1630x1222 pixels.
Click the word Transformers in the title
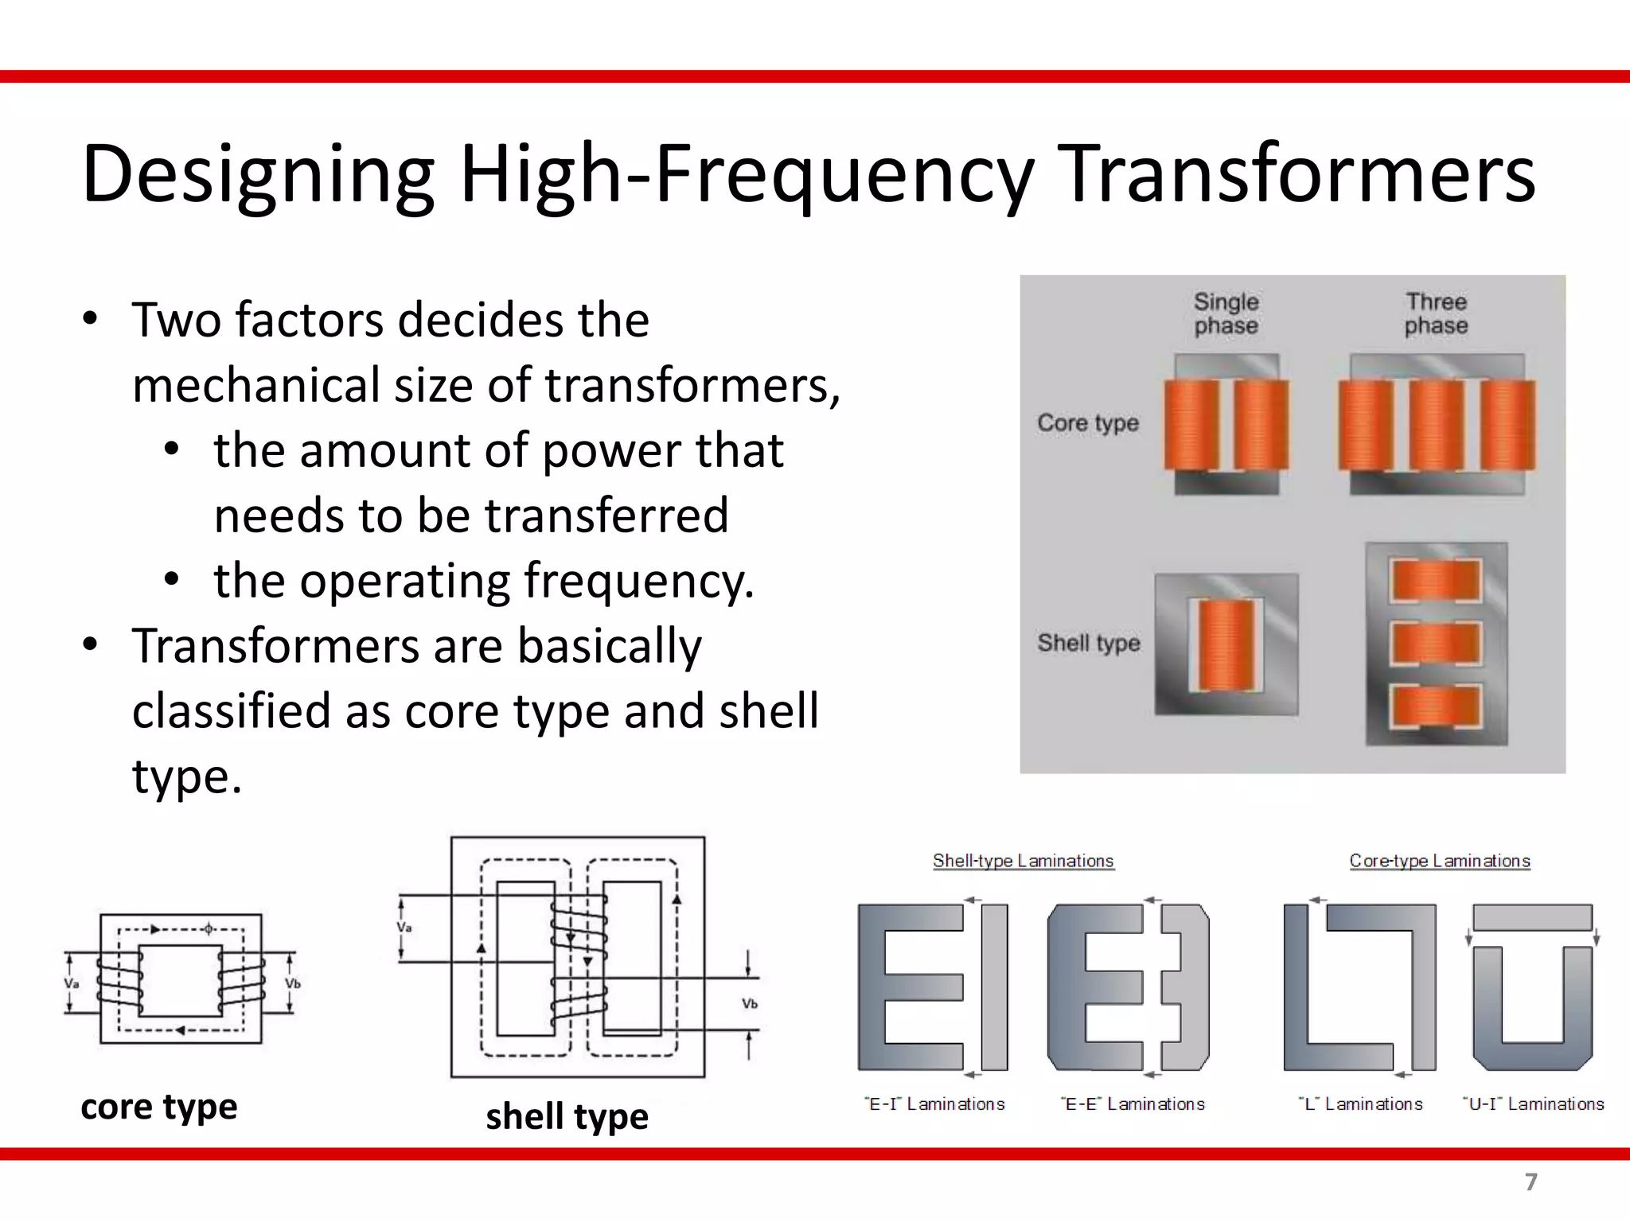(1299, 173)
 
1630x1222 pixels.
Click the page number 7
(1531, 1182)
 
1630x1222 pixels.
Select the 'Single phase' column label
(1226, 313)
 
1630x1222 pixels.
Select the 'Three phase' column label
(1436, 313)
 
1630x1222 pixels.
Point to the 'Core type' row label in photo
(1087, 422)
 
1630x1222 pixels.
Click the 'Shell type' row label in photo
(1088, 642)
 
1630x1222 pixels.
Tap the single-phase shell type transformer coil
(1226, 644)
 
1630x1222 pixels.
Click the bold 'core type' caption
(159, 1107)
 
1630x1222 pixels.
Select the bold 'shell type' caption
(567, 1116)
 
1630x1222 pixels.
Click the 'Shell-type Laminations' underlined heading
(1023, 861)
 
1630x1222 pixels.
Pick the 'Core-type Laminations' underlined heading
(1439, 861)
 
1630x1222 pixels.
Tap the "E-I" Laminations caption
(934, 1104)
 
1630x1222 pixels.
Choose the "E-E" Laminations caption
(1133, 1104)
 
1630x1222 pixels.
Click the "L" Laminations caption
(1361, 1104)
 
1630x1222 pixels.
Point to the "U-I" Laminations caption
(1534, 1104)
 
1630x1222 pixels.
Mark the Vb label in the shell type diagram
(749, 1004)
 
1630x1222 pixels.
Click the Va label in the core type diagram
(72, 983)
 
